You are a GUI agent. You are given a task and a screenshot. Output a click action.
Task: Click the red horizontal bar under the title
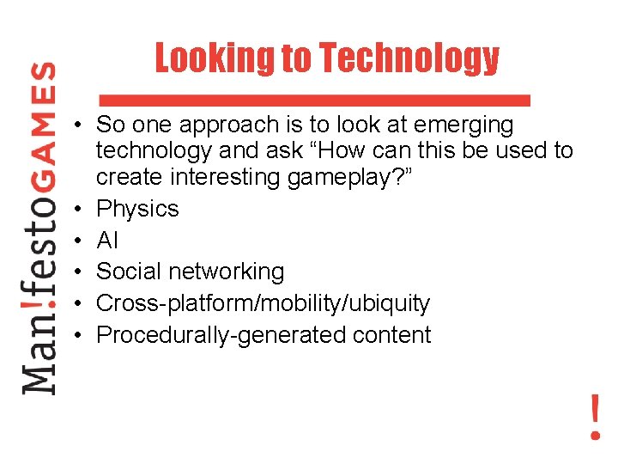(314, 99)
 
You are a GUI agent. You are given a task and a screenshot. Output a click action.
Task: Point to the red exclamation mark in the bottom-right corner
(595, 418)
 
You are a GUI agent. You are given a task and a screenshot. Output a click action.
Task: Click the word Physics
(137, 209)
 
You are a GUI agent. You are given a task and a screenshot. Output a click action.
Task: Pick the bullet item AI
(107, 241)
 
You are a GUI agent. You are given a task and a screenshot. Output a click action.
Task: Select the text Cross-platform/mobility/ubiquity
(263, 303)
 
